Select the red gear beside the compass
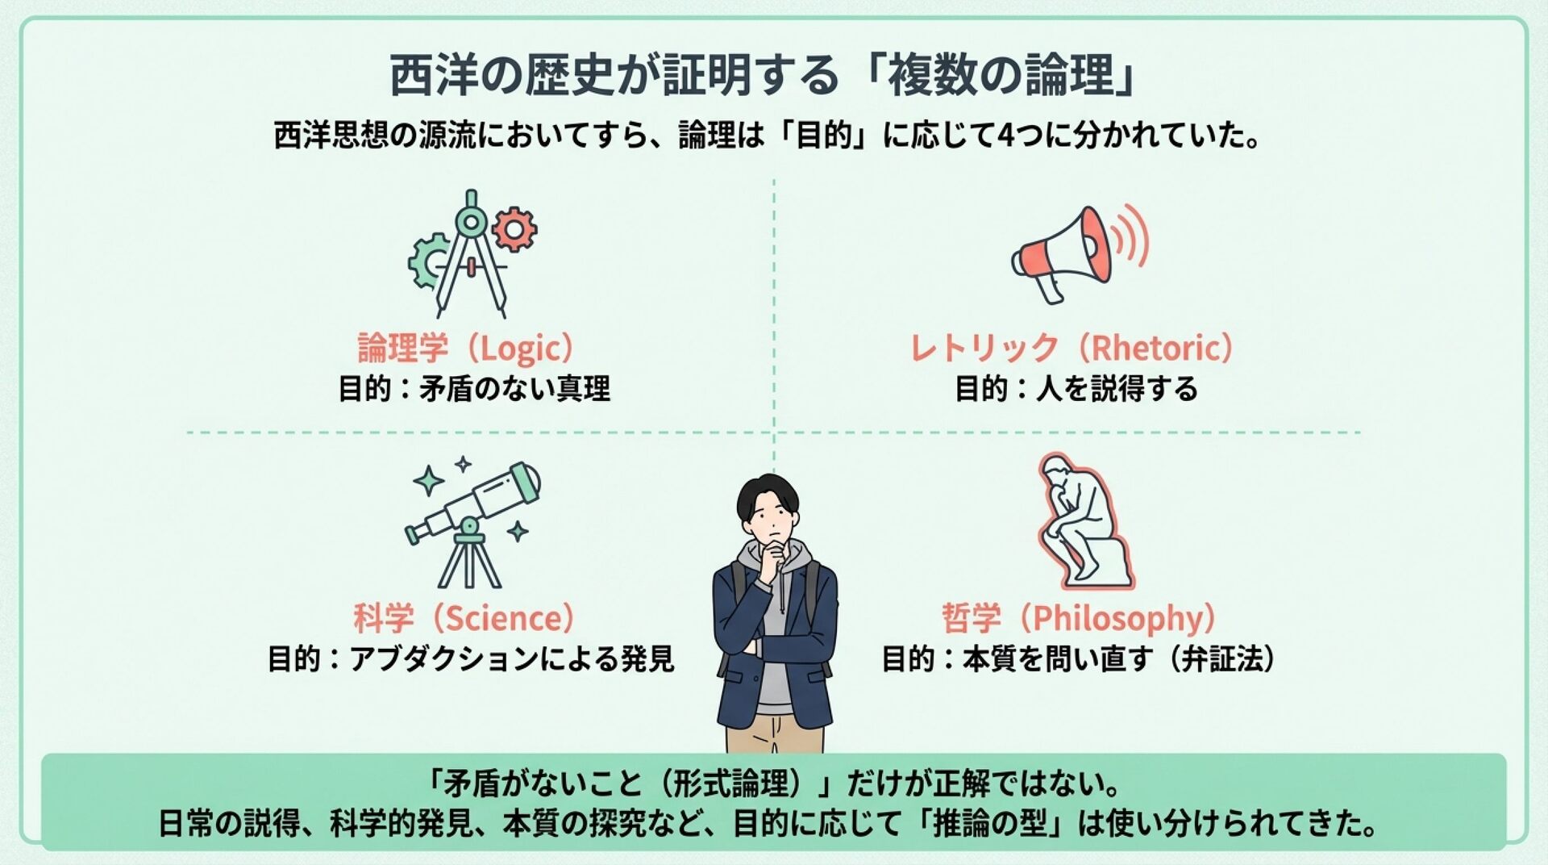(x=514, y=229)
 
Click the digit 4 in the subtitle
(x=1006, y=136)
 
